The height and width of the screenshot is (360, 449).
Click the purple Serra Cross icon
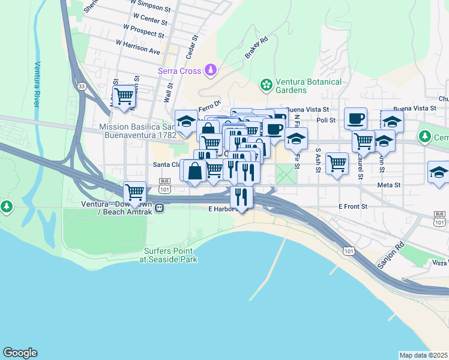(x=211, y=71)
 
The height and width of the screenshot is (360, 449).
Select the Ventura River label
(x=37, y=83)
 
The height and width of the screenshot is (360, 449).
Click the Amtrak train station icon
(x=160, y=208)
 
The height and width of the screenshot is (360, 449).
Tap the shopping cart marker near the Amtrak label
(x=135, y=193)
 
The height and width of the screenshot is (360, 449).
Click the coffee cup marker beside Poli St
(x=355, y=118)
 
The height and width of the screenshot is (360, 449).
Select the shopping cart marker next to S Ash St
(x=337, y=163)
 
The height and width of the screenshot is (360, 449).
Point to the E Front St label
(x=352, y=206)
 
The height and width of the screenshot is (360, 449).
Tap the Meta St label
(x=388, y=186)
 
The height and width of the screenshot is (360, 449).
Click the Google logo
(x=20, y=353)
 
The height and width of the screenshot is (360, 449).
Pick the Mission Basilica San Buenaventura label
(x=137, y=131)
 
